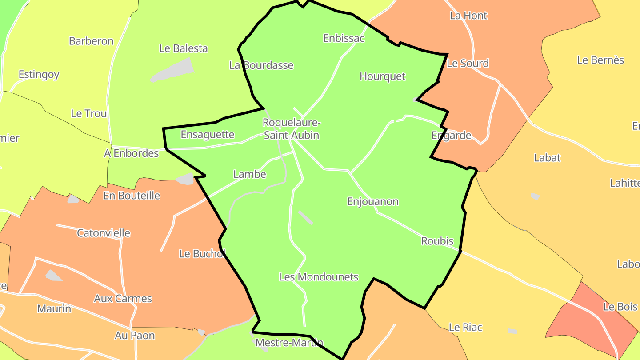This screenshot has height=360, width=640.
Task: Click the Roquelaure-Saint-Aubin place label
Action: coord(292,128)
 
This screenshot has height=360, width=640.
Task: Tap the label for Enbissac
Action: coord(344,38)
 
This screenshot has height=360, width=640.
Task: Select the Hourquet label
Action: coord(382,76)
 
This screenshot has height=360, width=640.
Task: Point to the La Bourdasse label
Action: coord(261,65)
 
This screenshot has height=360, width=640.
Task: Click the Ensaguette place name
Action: coord(207,134)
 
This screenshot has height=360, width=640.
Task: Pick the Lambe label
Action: coord(250,174)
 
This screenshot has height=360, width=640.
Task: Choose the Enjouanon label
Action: coord(372,201)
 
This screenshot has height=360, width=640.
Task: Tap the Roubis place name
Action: coord(437,241)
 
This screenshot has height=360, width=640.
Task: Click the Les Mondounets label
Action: coord(318,277)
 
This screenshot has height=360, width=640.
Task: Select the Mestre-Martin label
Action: coord(289,343)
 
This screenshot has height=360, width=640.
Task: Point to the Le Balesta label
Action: coord(183,48)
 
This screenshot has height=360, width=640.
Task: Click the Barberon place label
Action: coord(91,41)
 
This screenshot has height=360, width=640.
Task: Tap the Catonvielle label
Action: coord(104,233)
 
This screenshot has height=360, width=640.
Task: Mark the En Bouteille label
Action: coord(132,196)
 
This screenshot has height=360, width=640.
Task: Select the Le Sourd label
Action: coord(468,63)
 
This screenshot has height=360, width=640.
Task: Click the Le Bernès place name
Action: coord(600,60)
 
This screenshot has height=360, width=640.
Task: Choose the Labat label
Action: coord(547,158)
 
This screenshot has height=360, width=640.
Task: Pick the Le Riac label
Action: coord(465,328)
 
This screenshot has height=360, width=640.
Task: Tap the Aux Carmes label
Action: coord(123,299)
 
